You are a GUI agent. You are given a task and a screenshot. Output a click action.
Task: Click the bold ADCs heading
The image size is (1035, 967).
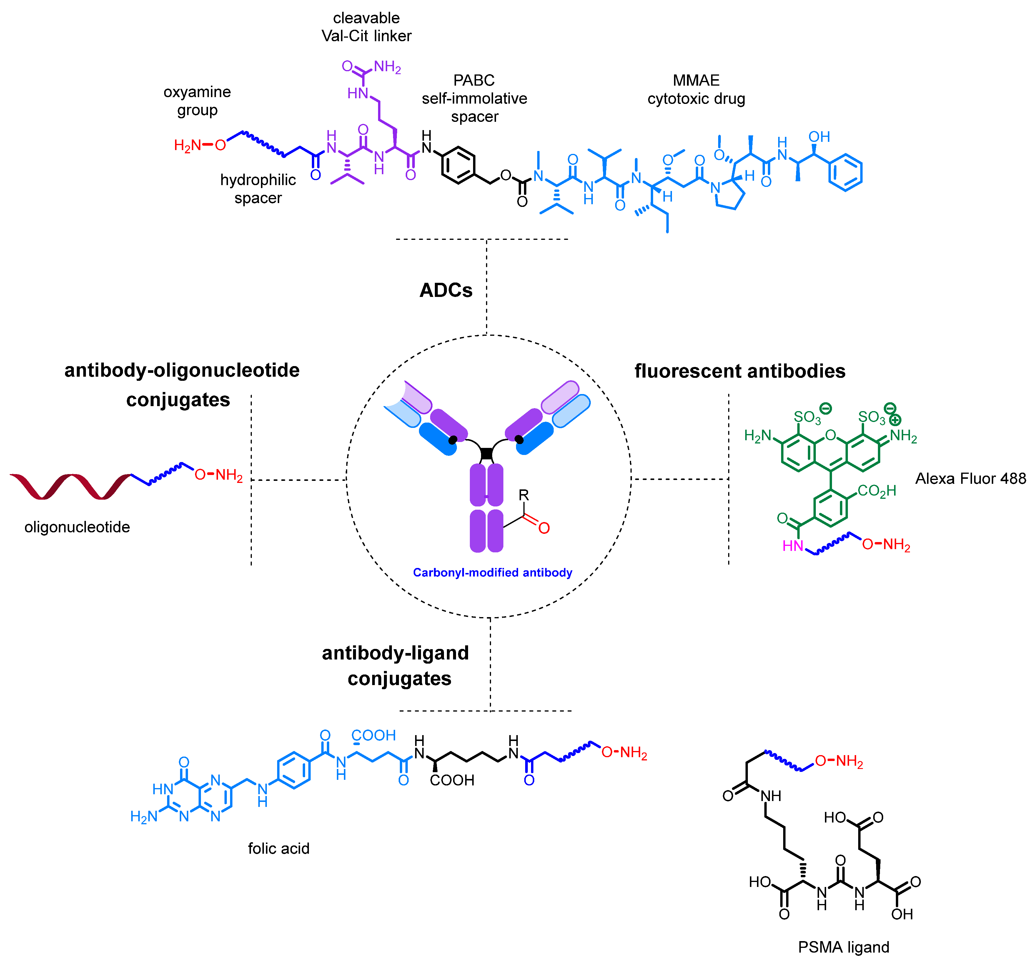[x=446, y=290]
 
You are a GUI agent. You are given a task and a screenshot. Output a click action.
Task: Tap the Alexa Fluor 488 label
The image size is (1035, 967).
[x=970, y=478]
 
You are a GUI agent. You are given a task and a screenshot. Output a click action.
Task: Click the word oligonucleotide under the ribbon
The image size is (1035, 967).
[x=77, y=527]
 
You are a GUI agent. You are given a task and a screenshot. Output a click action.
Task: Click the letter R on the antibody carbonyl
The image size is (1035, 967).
[x=524, y=494]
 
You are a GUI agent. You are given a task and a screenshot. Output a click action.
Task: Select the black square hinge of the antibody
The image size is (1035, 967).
[x=486, y=453]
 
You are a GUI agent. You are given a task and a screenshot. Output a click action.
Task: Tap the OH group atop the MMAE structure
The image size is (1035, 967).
[x=819, y=137]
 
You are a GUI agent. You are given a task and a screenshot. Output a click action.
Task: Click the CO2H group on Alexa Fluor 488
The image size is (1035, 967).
[x=877, y=491]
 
